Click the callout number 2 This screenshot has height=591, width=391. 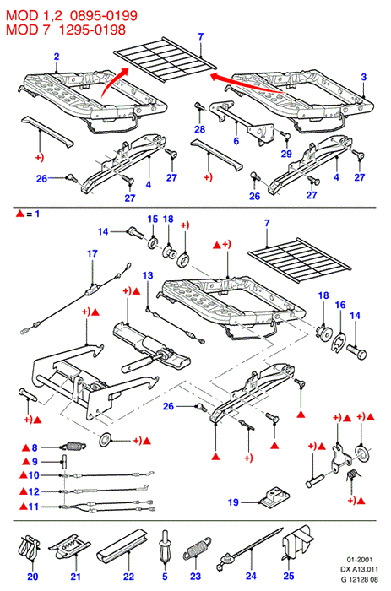[x=57, y=57]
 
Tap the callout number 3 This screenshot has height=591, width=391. [x=363, y=77]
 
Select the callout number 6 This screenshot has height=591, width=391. [x=236, y=141]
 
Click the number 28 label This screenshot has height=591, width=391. [x=199, y=129]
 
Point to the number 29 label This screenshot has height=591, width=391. [x=286, y=154]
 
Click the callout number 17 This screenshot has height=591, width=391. [x=92, y=253]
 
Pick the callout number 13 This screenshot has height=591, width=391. [x=148, y=275]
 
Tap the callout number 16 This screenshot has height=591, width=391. [x=340, y=305]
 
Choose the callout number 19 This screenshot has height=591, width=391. [x=233, y=502]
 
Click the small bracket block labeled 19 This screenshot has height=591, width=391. [x=274, y=496]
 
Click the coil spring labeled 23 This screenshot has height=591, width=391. [x=197, y=549]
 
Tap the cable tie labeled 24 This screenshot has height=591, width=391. [x=249, y=550]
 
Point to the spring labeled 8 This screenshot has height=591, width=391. [x=74, y=447]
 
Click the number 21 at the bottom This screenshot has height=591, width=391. [x=76, y=577]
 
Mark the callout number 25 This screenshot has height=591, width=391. [x=289, y=576]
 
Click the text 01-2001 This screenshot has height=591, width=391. [x=359, y=560]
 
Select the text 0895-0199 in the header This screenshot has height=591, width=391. [x=104, y=15]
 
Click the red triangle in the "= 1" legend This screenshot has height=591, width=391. [x=20, y=214]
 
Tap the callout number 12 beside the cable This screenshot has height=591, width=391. [x=34, y=491]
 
